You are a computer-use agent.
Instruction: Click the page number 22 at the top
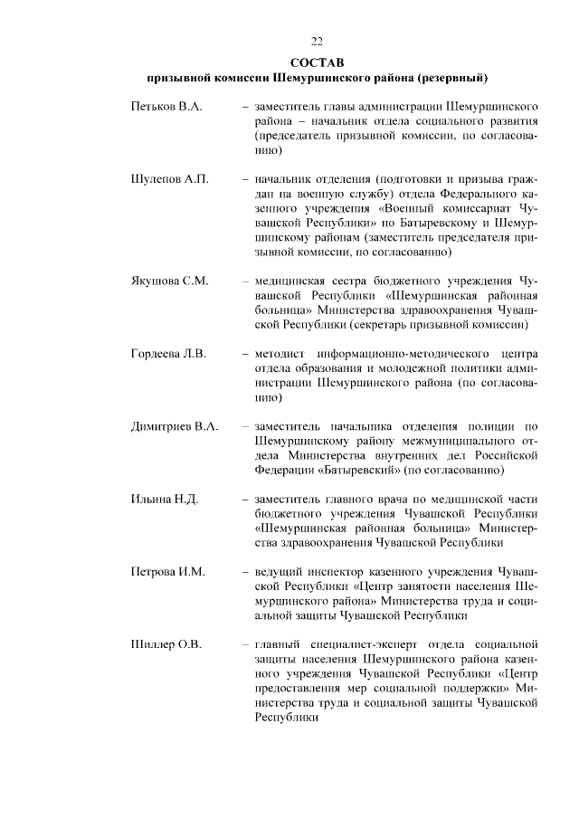pyautogui.click(x=317, y=41)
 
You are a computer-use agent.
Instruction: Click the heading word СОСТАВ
pyautogui.click(x=317, y=61)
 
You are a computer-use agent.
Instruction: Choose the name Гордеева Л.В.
pyautogui.click(x=169, y=352)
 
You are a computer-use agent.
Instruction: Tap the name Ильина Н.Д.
pyautogui.click(x=165, y=499)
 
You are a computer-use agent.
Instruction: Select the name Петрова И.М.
pyautogui.click(x=168, y=572)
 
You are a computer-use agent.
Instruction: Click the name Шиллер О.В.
pyautogui.click(x=166, y=644)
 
